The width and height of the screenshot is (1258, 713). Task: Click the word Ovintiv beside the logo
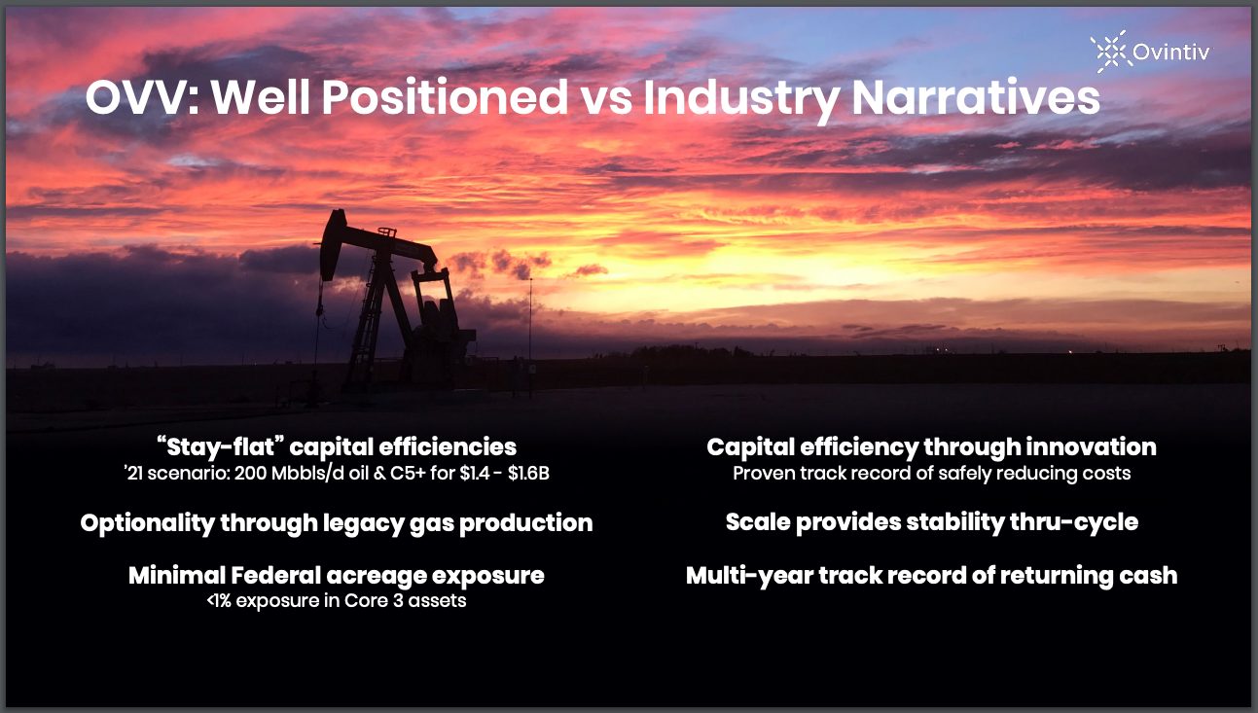pyautogui.click(x=1171, y=53)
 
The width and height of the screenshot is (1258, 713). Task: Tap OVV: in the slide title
pyautogui.click(x=142, y=97)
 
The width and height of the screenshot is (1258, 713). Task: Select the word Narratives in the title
pyautogui.click(x=976, y=97)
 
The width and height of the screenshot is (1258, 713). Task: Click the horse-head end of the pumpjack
pyautogui.click(x=332, y=243)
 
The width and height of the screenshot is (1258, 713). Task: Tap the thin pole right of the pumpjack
pyautogui.click(x=529, y=337)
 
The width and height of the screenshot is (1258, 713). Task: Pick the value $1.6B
pyautogui.click(x=528, y=474)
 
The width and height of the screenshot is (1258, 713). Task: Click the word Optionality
pyautogui.click(x=148, y=523)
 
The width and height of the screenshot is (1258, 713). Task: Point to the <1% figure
pyautogui.click(x=219, y=601)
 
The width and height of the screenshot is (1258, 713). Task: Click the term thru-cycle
pyautogui.click(x=1074, y=523)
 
